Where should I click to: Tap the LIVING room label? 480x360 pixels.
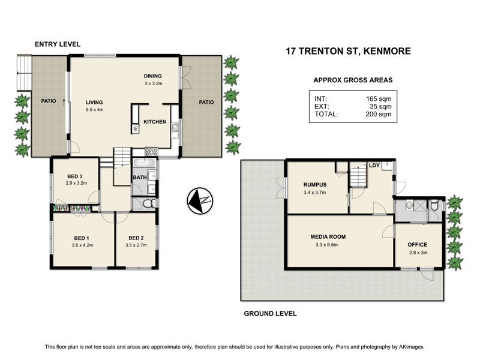pyautogui.click(x=95, y=102)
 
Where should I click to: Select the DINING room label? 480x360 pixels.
pyautogui.click(x=154, y=76)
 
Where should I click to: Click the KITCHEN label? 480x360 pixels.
pyautogui.click(x=154, y=122)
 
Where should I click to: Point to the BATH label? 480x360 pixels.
pyautogui.click(x=139, y=178)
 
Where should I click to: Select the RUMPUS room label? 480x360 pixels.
pyautogui.click(x=314, y=185)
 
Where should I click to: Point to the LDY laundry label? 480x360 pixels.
pyautogui.click(x=374, y=165)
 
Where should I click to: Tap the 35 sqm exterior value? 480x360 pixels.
pyautogui.click(x=382, y=106)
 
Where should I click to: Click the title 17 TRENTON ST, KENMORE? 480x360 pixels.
pyautogui.click(x=348, y=51)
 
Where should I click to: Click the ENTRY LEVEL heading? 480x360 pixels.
pyautogui.click(x=58, y=44)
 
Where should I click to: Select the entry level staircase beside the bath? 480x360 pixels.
pyautogui.click(x=122, y=157)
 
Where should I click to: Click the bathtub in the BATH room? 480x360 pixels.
pyautogui.click(x=143, y=163)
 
